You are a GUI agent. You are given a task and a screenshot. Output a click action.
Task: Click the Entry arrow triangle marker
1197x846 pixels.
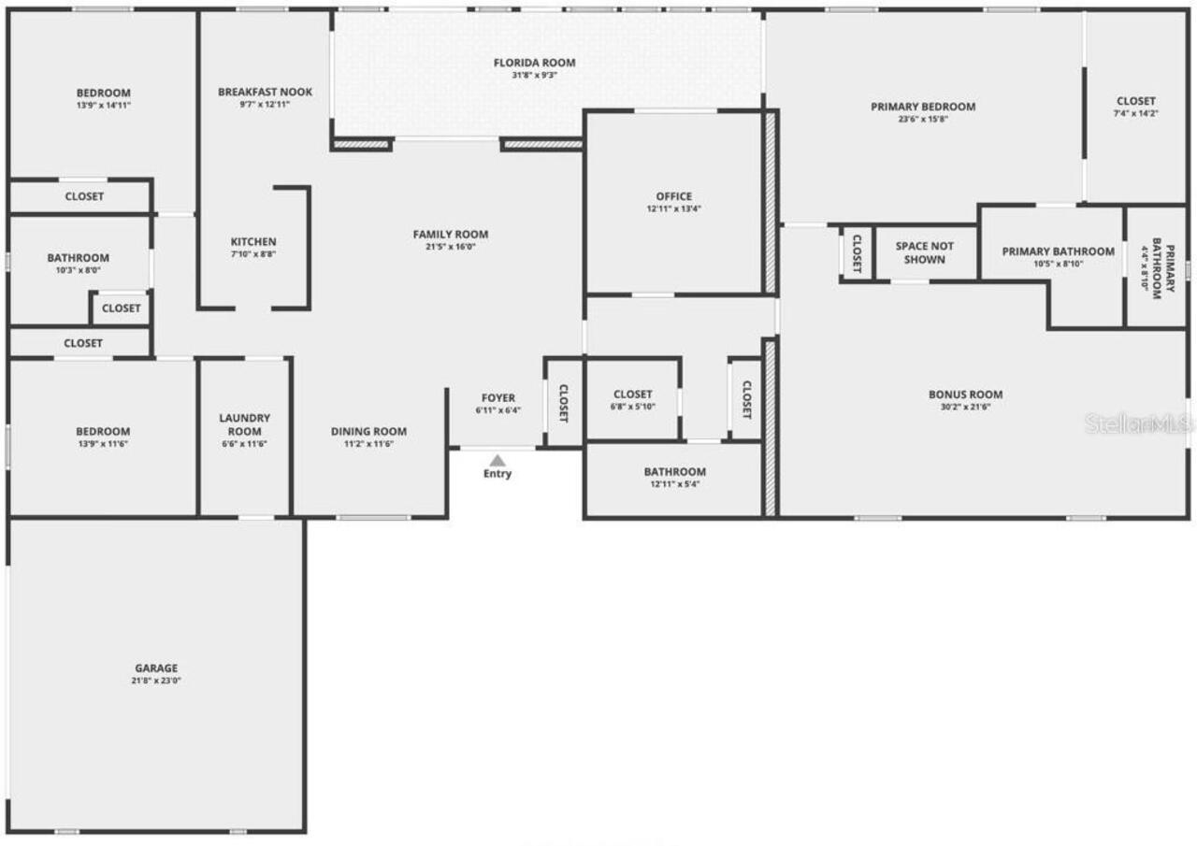pyautogui.click(x=498, y=460)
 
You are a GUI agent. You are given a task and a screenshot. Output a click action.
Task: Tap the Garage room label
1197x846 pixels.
pyautogui.click(x=156, y=668)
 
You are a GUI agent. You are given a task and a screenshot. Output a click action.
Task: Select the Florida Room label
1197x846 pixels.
pyautogui.click(x=535, y=63)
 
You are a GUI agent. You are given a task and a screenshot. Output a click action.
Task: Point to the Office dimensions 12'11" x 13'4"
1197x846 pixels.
pyautogui.click(x=674, y=209)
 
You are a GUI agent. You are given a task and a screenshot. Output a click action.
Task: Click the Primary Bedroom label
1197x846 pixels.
pyautogui.click(x=923, y=107)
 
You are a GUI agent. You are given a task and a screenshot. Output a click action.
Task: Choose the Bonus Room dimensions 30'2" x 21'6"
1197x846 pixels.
pyautogui.click(x=965, y=408)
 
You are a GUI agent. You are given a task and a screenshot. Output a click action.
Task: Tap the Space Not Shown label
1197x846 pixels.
pyautogui.click(x=925, y=252)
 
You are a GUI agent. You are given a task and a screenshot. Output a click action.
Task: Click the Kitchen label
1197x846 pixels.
pyautogui.click(x=253, y=242)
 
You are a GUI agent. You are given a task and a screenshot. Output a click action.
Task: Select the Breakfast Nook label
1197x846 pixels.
pyautogui.click(x=265, y=92)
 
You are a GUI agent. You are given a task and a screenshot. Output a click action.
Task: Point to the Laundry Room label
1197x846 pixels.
pyautogui.click(x=245, y=424)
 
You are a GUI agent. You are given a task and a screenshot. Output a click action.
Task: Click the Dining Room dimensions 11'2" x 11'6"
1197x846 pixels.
pyautogui.click(x=368, y=444)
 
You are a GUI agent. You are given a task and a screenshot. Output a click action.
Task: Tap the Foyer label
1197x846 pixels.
pyautogui.click(x=498, y=398)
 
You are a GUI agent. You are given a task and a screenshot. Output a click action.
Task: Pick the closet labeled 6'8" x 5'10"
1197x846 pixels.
pyautogui.click(x=632, y=399)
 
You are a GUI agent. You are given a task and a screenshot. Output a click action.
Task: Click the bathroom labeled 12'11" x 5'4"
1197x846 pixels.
pyautogui.click(x=674, y=477)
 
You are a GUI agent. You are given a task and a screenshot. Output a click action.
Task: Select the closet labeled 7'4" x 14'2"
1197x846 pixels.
pyautogui.click(x=1135, y=107)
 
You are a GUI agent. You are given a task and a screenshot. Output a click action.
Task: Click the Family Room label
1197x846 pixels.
pyautogui.click(x=451, y=234)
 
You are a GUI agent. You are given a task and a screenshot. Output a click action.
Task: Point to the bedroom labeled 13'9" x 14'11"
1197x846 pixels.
pyautogui.click(x=103, y=98)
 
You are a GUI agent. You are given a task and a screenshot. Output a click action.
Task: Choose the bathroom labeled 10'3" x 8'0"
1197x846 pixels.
pyautogui.click(x=79, y=263)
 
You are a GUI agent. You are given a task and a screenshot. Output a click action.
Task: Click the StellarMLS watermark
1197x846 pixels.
pyautogui.click(x=1139, y=423)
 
